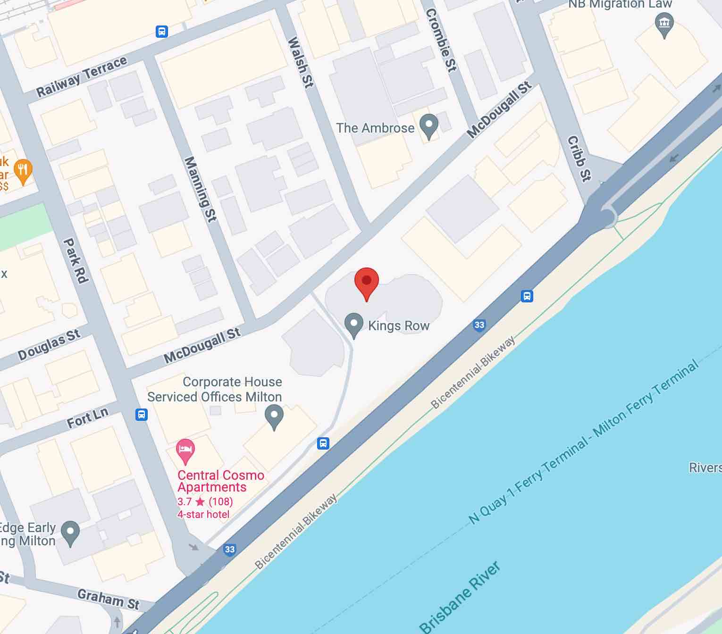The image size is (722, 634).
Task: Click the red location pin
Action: [366, 282]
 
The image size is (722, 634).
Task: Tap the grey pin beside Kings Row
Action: [353, 325]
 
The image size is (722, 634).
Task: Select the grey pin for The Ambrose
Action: [429, 125]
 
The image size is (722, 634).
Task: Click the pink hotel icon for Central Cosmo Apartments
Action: [185, 450]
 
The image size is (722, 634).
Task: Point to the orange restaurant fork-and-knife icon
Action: [23, 171]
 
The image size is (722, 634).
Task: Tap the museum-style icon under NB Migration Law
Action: [664, 24]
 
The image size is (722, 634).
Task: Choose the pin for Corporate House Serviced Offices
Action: [274, 417]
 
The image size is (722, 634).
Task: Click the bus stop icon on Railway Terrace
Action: [162, 32]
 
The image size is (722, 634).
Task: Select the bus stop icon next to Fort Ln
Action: [141, 414]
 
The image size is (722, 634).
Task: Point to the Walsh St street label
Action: [301, 62]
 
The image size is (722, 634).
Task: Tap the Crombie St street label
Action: [441, 40]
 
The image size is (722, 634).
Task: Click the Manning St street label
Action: [200, 189]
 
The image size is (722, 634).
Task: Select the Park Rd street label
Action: [76, 260]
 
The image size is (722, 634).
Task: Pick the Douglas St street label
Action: [49, 345]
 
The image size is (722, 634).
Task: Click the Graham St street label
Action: [109, 599]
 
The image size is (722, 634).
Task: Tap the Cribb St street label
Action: [579, 158]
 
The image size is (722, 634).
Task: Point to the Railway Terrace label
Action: [82, 76]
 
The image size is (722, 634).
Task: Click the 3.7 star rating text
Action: [205, 501]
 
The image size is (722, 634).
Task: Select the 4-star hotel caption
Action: [203, 514]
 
